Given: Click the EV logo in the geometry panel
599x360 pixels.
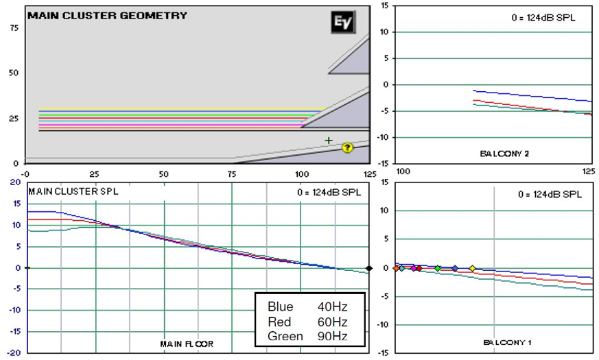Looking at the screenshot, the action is tap(343, 22).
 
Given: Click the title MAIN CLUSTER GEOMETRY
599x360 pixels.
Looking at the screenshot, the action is tap(107, 16).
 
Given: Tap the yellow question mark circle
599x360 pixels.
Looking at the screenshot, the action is tap(347, 147).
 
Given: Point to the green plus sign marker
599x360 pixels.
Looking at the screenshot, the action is tap(329, 141).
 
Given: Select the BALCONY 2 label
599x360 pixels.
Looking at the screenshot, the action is tap(504, 154).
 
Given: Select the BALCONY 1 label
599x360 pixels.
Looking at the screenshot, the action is tap(507, 342).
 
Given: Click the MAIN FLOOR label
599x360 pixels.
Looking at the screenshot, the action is tap(187, 344).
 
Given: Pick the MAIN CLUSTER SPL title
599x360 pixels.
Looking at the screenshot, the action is tap(73, 191).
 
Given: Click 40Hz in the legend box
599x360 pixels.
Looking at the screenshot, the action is tap(332, 307).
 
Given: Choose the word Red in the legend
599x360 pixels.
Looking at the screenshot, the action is tap(279, 322).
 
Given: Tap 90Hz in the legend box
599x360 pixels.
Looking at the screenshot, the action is tap(332, 336).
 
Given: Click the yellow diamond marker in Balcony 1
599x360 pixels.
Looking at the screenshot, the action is tap(473, 268).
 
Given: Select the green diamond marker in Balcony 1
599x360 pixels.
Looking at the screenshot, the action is tap(438, 268).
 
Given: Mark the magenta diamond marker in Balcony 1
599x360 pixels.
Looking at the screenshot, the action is tap(413, 268).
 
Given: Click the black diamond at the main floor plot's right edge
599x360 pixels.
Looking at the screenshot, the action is tap(369, 268).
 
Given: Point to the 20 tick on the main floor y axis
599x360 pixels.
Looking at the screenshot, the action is tap(15, 182).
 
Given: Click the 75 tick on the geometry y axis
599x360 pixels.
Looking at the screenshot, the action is tap(14, 28).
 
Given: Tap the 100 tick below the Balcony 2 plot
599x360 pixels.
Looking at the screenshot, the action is tap(403, 171).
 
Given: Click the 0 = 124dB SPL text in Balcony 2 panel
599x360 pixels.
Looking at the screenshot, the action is tap(543, 18).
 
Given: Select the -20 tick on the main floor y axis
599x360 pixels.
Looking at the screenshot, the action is tap(14, 352).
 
